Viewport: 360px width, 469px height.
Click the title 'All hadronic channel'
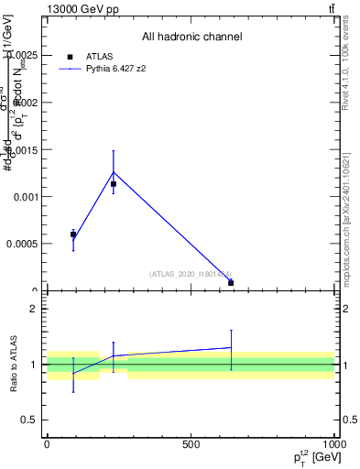[191, 38]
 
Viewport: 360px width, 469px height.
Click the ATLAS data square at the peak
[114, 184]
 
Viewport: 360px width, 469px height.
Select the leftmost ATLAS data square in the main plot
[73, 234]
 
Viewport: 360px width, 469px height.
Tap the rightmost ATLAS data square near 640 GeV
[231, 283]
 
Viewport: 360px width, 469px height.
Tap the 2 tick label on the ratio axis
[36, 310]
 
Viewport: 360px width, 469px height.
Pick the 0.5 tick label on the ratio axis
[32, 420]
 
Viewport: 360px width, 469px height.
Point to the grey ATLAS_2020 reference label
[191, 273]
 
